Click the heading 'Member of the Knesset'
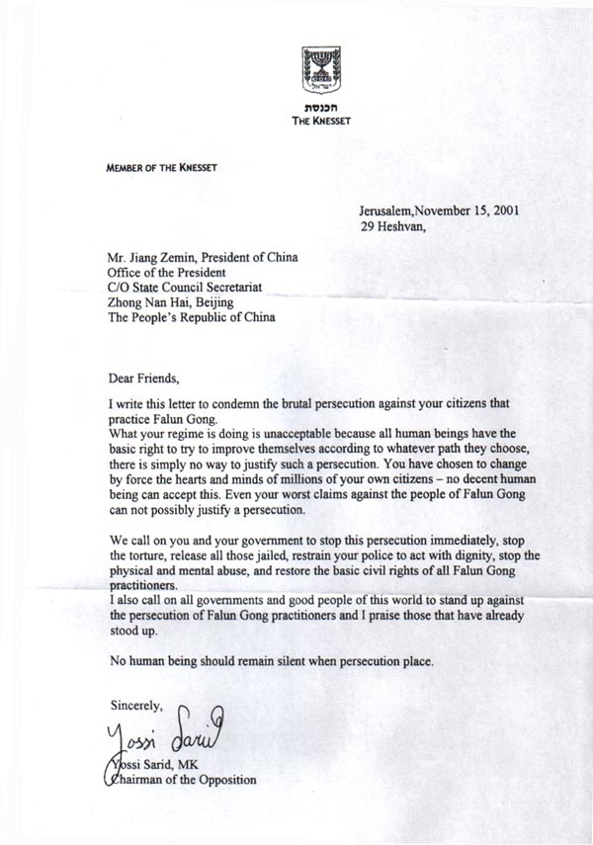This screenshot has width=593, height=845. coord(161,168)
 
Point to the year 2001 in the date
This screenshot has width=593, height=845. coord(502,210)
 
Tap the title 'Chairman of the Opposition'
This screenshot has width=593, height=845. coord(181,780)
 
